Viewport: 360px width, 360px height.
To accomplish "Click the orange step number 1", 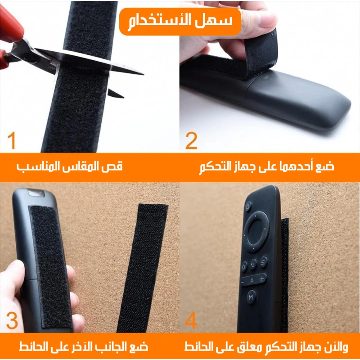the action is pos(12,140).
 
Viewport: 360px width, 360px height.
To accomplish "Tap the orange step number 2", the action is pos(191,140).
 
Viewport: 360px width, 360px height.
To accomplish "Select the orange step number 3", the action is pos(12,321).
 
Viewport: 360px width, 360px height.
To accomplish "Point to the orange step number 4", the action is pos(191,320).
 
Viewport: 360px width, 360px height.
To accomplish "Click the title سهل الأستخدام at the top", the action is pos(180,21).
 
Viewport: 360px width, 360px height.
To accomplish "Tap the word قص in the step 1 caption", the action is pos(116,166).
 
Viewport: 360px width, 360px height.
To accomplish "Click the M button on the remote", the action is pos(251,297).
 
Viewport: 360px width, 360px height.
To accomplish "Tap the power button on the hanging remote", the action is pos(248,207).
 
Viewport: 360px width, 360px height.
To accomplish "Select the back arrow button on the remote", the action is pos(253,264).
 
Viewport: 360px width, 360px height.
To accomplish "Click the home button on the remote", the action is pos(244,267).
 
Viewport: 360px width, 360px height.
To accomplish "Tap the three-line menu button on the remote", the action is pos(263,262).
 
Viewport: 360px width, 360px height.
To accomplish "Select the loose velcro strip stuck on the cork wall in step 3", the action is pos(143,268).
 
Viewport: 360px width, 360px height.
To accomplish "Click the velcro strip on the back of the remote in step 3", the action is pos(50,266).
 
